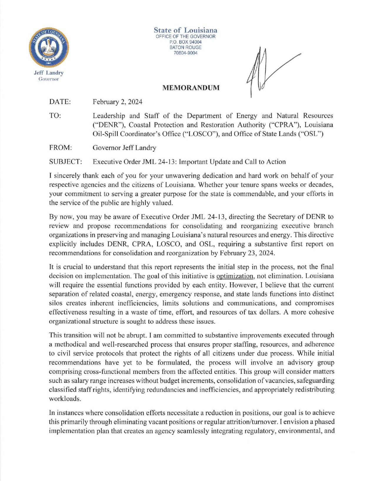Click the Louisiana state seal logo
click(49, 48)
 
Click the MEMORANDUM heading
click(191, 88)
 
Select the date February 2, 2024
click(117, 102)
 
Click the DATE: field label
click(60, 102)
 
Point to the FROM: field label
click(61, 148)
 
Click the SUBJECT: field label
click(66, 162)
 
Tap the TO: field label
click(55, 116)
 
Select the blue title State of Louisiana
click(186, 30)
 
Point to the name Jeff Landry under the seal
click(49, 73)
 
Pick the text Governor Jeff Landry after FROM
click(124, 148)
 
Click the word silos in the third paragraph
click(56, 303)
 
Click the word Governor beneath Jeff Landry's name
click(49, 79)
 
